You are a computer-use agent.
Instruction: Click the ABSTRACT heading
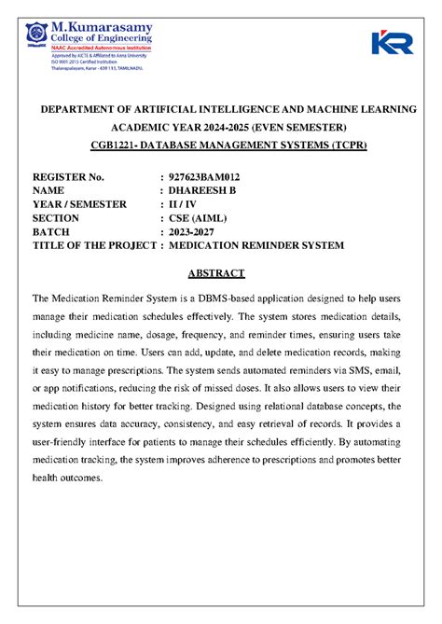tap(215, 273)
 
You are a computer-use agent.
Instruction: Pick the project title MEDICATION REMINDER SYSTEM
tap(256, 245)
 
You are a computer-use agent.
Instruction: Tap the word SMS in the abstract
tap(351, 369)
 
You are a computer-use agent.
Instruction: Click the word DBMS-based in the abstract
tap(211, 298)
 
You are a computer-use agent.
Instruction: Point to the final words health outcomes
tap(70, 477)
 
